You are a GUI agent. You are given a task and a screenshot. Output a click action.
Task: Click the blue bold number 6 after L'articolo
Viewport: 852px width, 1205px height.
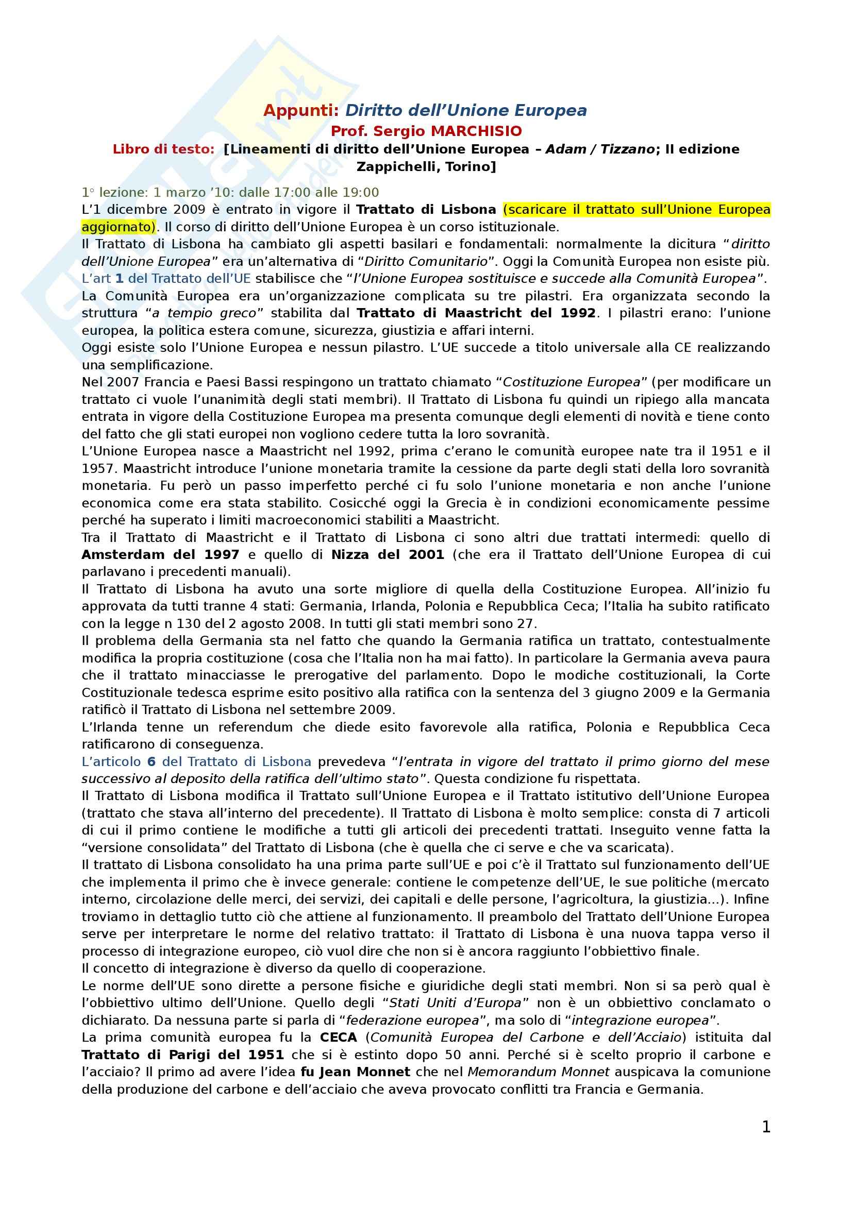[x=152, y=761]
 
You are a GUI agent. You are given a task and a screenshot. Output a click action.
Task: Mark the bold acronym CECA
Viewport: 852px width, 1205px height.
[x=338, y=1038]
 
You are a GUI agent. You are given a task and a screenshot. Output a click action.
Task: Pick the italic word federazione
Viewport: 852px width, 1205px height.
[x=380, y=1020]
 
